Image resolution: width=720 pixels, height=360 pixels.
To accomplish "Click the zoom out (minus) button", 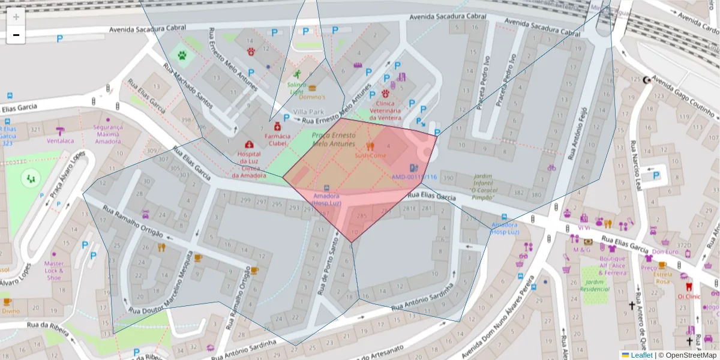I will [16, 35].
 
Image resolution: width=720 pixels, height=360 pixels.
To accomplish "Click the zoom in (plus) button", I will [16, 17].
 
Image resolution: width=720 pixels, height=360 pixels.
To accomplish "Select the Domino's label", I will [312, 97].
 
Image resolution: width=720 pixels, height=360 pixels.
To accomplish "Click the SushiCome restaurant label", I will [370, 155].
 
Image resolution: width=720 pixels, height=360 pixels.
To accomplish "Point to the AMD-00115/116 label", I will [413, 177].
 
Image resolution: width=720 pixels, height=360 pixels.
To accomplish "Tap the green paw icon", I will [182, 56].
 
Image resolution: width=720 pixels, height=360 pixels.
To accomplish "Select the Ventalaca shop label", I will [61, 141].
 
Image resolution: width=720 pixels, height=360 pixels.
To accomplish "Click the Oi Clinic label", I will [689, 296].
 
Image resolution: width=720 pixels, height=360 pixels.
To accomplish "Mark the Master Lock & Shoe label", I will [54, 271].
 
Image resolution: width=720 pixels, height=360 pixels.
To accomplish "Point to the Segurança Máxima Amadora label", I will [107, 134].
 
